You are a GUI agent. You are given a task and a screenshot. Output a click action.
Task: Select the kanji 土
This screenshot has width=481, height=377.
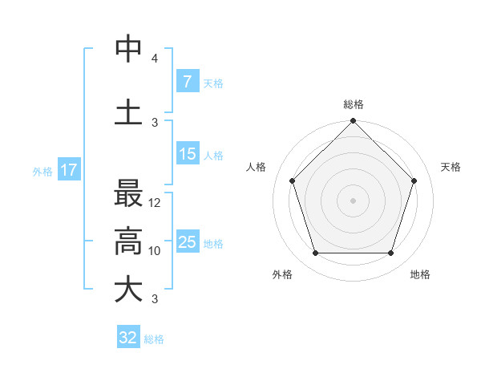pos(128,112)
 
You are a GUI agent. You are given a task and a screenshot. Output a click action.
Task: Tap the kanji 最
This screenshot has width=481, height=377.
pos(128,195)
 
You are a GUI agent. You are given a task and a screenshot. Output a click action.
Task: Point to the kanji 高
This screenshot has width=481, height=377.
pos(128,241)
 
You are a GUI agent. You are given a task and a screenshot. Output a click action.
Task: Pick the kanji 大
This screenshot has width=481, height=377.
pos(128,290)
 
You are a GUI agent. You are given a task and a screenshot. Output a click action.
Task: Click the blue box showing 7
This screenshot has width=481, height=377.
pos(187,81)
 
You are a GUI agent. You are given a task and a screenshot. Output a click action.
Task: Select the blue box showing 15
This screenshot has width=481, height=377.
pos(188,154)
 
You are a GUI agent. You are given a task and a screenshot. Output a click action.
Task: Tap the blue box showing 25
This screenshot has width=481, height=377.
pos(188,241)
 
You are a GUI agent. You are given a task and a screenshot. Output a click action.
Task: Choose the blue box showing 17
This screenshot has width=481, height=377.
pos(69,170)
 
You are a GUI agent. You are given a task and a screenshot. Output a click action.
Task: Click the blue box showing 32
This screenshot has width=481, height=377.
pos(128,338)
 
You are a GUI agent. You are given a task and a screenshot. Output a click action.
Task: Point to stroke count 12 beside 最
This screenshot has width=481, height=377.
pos(156,203)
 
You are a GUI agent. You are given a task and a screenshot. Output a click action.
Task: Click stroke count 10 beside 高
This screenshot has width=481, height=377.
pos(156,251)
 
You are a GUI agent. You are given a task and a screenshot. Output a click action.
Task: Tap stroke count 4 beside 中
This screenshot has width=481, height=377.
pos(155,59)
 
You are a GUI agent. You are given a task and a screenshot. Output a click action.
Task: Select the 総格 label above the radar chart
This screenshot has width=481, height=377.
pos(353,104)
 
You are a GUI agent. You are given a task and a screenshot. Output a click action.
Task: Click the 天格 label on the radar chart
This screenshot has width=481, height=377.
pos(451,167)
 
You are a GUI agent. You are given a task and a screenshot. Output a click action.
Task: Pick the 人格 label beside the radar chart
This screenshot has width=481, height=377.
pos(256,167)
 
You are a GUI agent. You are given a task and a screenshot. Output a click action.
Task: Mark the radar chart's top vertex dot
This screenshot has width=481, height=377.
pos(353,122)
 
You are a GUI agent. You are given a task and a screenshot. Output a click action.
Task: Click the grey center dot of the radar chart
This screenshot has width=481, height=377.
pos(353,200)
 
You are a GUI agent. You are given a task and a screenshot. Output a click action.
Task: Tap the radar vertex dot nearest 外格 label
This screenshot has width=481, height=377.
pos(315,253)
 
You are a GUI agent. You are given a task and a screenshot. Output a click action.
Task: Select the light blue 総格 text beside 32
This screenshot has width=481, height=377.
pos(154,339)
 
